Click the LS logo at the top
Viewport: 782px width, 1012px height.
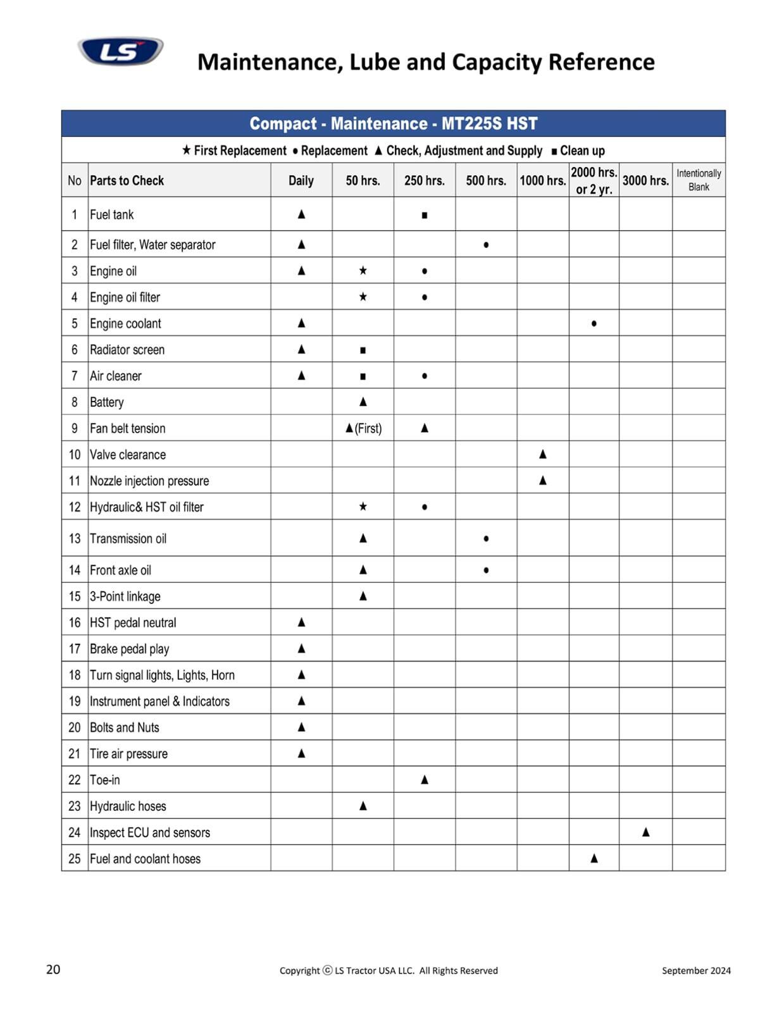point(120,51)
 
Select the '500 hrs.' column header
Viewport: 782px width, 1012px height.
point(486,180)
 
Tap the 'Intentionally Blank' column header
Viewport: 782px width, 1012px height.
point(698,180)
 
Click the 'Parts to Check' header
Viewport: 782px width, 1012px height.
point(127,180)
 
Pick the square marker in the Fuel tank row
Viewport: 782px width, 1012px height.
point(425,215)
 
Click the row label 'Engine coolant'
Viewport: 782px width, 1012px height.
point(125,323)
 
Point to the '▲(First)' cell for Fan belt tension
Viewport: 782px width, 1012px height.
point(363,428)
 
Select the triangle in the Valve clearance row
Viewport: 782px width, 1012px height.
point(542,454)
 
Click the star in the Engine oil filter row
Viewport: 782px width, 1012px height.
point(363,297)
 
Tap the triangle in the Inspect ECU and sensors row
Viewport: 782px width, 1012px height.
point(645,832)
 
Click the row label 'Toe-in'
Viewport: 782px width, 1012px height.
point(104,780)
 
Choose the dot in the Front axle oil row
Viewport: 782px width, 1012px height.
point(486,570)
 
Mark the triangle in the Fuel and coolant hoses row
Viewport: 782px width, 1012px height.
point(593,858)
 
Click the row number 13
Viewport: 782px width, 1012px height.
point(75,538)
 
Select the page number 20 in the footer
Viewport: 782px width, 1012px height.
point(53,970)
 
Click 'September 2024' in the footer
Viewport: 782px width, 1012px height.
point(696,970)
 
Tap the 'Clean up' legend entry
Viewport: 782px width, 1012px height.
point(578,151)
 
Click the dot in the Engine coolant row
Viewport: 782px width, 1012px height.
point(593,324)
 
